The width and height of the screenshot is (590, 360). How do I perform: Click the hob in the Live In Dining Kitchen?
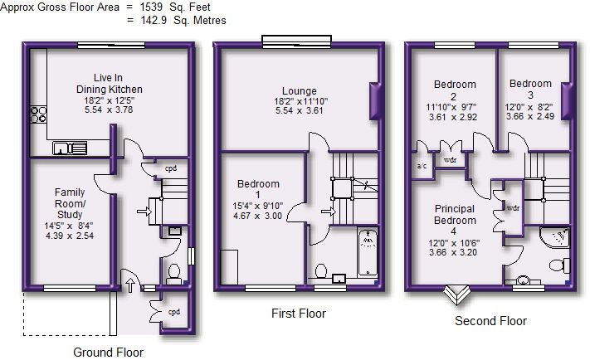[39, 114]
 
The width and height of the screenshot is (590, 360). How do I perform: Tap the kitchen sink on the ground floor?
[70, 148]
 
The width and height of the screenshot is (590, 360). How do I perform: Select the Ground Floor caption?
[109, 353]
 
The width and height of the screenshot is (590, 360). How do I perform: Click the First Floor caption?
[299, 314]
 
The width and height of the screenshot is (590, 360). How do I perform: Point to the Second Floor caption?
[490, 321]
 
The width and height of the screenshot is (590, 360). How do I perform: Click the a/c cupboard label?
[422, 166]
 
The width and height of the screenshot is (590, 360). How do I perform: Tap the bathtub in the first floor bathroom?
[368, 252]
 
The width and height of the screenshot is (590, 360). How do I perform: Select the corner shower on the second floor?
[554, 237]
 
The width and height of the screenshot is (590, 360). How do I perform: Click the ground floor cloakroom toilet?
[173, 274]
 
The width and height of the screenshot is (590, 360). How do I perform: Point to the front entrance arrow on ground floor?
[130, 285]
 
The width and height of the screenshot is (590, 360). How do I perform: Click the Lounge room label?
[300, 91]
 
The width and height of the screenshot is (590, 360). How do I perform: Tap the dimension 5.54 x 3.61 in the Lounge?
[299, 110]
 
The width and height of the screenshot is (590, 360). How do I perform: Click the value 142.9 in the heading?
[154, 20]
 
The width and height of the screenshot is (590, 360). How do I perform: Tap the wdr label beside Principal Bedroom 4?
[513, 207]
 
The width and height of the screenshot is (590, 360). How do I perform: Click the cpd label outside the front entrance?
[173, 312]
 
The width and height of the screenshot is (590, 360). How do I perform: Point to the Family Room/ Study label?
[70, 203]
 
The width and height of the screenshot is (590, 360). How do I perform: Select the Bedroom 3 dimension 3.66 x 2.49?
[530, 116]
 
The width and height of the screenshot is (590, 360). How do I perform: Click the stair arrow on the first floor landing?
[328, 212]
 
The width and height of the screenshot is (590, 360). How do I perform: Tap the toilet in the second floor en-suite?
[560, 265]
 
